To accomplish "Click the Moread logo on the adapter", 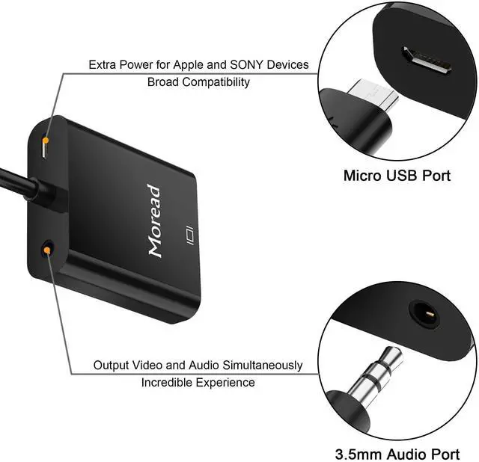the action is pos(153,221).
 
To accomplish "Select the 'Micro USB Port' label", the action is pos(397,176).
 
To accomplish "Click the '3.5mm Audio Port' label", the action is pos(397,453).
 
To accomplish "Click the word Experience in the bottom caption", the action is pos(227,383).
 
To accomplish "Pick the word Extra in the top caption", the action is pos(103,65).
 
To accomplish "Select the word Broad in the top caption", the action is pos(161,82).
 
